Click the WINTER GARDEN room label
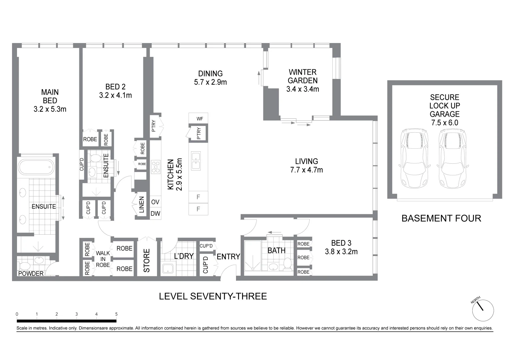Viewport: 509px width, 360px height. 302,81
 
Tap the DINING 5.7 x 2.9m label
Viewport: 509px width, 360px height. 210,78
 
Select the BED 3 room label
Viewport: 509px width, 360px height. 341,247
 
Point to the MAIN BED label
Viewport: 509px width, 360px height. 50,100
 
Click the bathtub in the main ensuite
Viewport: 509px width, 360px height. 36,167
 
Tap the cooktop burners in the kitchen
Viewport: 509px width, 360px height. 156,167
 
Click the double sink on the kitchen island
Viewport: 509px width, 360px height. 196,161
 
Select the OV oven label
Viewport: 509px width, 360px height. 155,202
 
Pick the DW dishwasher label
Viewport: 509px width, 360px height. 155,213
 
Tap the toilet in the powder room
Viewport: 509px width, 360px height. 25,266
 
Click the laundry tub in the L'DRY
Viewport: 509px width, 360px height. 168,268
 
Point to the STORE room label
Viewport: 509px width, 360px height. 147,260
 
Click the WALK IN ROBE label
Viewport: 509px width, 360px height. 103,259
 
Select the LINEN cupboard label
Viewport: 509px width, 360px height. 142,205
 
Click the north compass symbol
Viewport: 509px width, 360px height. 483,310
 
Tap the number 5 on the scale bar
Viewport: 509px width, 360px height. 116,314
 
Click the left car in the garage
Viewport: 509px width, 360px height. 414,159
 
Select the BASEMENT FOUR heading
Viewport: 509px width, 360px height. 441,218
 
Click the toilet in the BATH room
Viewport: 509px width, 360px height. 288,264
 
